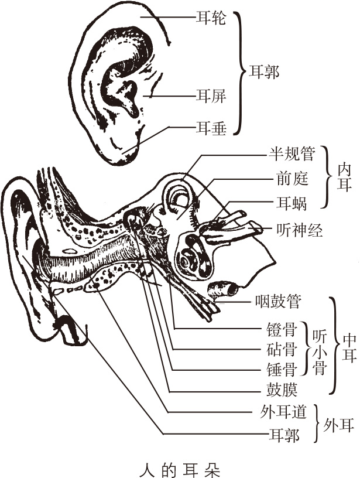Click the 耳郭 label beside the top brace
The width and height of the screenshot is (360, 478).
[x=264, y=72]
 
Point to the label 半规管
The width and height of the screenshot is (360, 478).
[x=292, y=155]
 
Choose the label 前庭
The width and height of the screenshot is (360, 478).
[x=292, y=179]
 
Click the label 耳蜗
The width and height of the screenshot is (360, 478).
[x=292, y=203]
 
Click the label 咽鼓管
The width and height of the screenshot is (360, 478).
[x=278, y=302]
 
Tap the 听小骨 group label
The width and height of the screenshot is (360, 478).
[x=317, y=349]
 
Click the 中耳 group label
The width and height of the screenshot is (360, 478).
[x=349, y=348]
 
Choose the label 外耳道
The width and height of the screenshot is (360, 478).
[x=283, y=412]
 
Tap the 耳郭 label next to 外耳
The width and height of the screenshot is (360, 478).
[x=283, y=435]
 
